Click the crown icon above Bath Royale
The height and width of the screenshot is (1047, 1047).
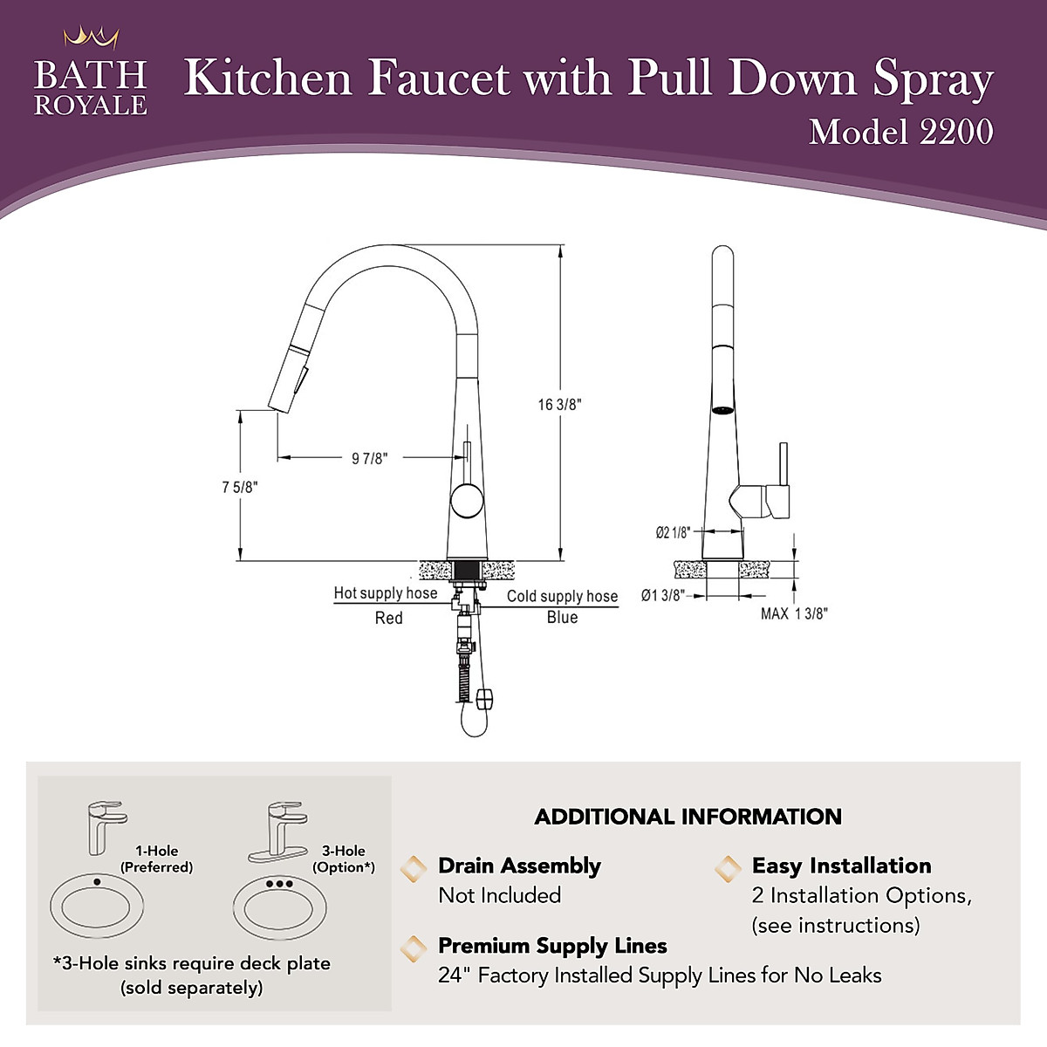[x=91, y=38]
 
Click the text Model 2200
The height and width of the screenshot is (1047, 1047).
[x=900, y=132]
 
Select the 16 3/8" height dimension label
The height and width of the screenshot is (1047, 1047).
[x=559, y=404]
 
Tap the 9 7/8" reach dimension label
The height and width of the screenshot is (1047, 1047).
[x=370, y=458]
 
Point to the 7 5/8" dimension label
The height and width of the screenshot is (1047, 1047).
[x=239, y=487]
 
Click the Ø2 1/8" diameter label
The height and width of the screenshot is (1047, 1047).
[x=673, y=532]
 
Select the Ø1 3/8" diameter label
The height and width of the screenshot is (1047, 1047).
[x=662, y=595]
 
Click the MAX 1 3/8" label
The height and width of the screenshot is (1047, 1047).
[x=793, y=613]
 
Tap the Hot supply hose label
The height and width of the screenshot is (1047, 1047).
[x=385, y=593]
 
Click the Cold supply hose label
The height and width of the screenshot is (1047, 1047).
[x=562, y=596]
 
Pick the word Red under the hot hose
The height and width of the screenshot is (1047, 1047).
[x=388, y=618]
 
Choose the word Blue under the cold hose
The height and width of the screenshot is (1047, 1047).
[x=562, y=617]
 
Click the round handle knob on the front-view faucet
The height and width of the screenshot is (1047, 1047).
[x=465, y=503]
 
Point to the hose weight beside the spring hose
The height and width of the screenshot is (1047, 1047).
[x=486, y=696]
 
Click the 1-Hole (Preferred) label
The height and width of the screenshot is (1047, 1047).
[x=156, y=859]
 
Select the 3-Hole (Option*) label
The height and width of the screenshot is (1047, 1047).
[x=344, y=859]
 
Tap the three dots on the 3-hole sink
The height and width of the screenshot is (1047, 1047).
[x=279, y=884]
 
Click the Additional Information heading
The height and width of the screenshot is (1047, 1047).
[x=688, y=817]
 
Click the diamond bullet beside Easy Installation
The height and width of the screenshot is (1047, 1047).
[x=728, y=867]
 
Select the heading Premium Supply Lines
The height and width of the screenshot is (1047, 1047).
[x=552, y=946]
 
